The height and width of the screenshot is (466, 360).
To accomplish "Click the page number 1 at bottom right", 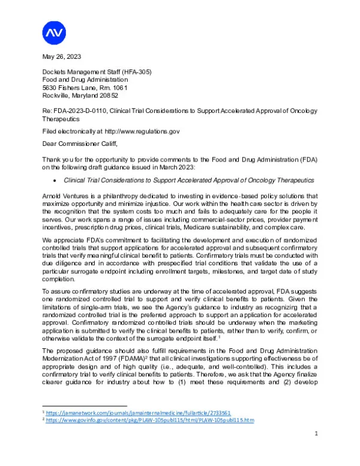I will pyautogui.click(x=315, y=448).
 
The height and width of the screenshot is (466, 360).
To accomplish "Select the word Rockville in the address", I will pyautogui.click(x=58, y=95).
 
